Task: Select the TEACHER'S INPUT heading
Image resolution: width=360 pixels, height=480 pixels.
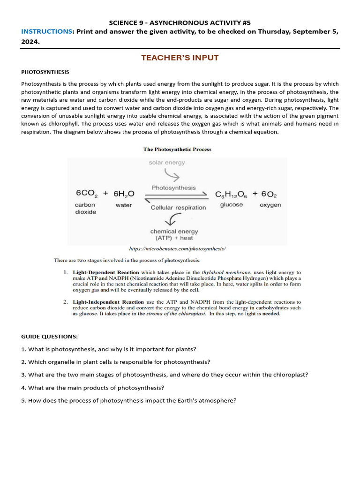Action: (x=180, y=58)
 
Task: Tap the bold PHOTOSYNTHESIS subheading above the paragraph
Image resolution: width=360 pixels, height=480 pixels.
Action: (x=45, y=72)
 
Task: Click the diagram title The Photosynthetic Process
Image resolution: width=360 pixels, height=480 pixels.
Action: (x=177, y=150)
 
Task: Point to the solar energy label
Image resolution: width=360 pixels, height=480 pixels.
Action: (x=167, y=163)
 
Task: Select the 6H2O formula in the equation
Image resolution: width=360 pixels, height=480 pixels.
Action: (x=124, y=194)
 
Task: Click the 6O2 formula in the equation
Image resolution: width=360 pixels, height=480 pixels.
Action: (x=270, y=194)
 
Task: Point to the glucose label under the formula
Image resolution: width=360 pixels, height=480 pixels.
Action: (x=232, y=205)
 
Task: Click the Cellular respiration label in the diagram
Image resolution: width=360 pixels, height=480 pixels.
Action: (x=178, y=208)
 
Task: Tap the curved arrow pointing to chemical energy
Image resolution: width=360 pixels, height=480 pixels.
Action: (x=175, y=219)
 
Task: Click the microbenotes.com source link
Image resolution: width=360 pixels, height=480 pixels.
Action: (x=178, y=249)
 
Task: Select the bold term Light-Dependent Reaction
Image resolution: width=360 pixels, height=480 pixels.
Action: (x=105, y=272)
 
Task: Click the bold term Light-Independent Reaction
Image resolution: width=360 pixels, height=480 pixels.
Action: (x=108, y=302)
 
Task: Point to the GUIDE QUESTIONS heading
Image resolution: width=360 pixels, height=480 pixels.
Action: (x=49, y=337)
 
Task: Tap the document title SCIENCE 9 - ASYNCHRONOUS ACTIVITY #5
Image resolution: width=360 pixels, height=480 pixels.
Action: (x=180, y=22)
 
